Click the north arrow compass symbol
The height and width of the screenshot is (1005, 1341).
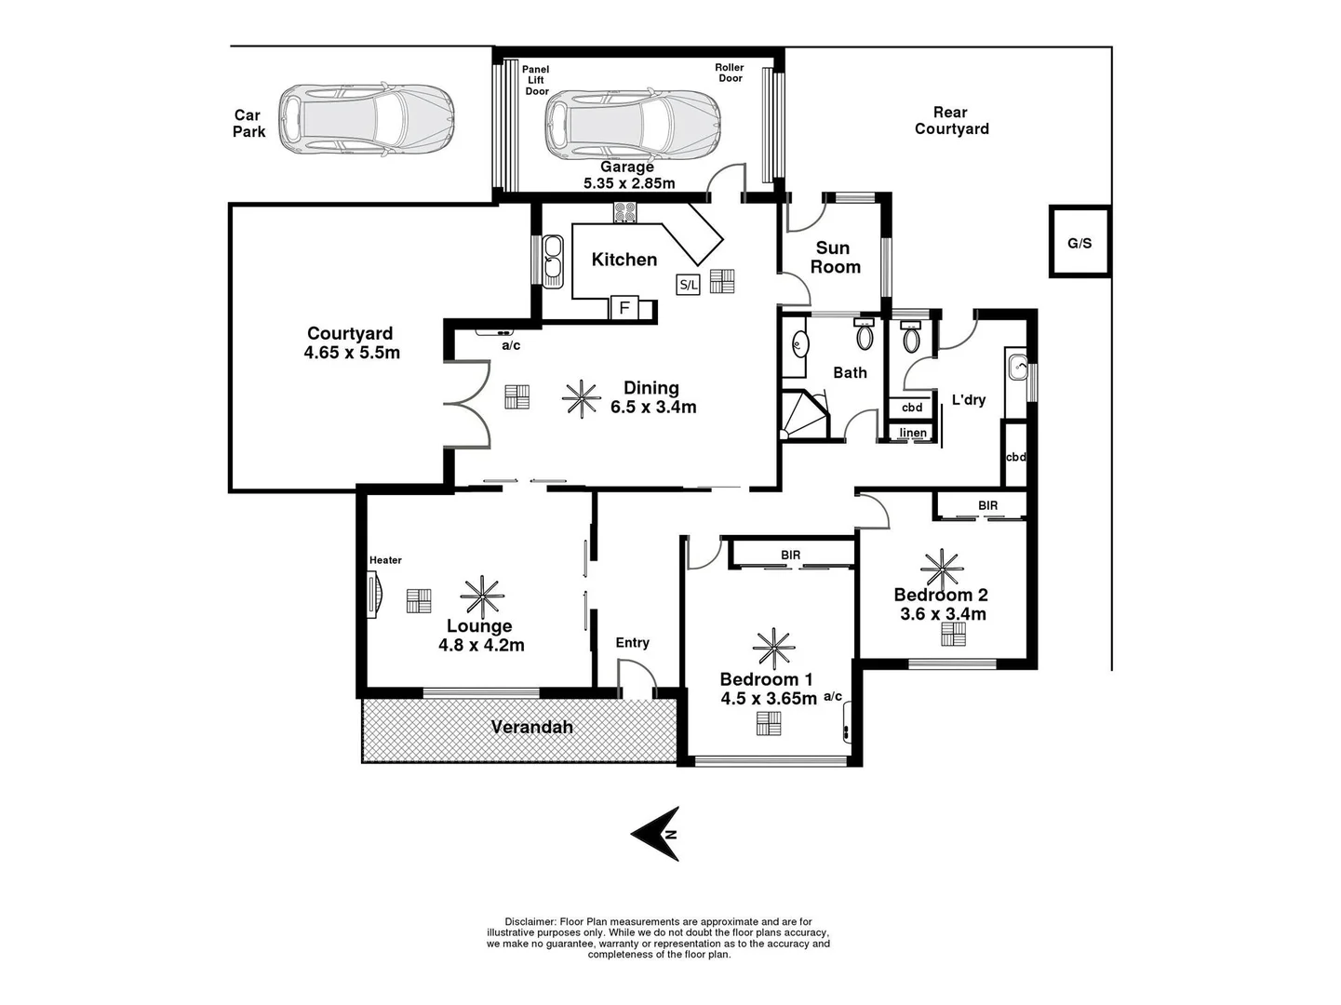[657, 833]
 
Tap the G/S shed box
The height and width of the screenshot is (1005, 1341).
[1080, 243]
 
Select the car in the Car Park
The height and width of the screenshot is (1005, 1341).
[367, 120]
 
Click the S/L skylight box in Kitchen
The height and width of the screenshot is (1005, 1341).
[688, 285]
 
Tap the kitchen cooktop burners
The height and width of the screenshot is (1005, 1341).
[624, 212]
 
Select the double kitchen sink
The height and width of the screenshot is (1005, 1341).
[553, 260]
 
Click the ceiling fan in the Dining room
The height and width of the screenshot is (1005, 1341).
[582, 398]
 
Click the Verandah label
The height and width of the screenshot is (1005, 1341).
[531, 727]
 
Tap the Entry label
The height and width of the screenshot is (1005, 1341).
[632, 643]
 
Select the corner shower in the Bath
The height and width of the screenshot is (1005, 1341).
[804, 415]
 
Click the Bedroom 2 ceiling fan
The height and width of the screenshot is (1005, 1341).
[942, 568]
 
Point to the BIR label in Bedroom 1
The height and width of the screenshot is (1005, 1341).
[790, 556]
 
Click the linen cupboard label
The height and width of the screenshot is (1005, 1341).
[912, 433]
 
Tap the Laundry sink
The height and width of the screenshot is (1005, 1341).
[1017, 368]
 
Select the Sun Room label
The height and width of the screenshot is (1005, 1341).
[834, 258]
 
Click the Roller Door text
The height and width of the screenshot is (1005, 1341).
[730, 73]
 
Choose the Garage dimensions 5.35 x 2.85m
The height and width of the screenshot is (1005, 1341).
[629, 183]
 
